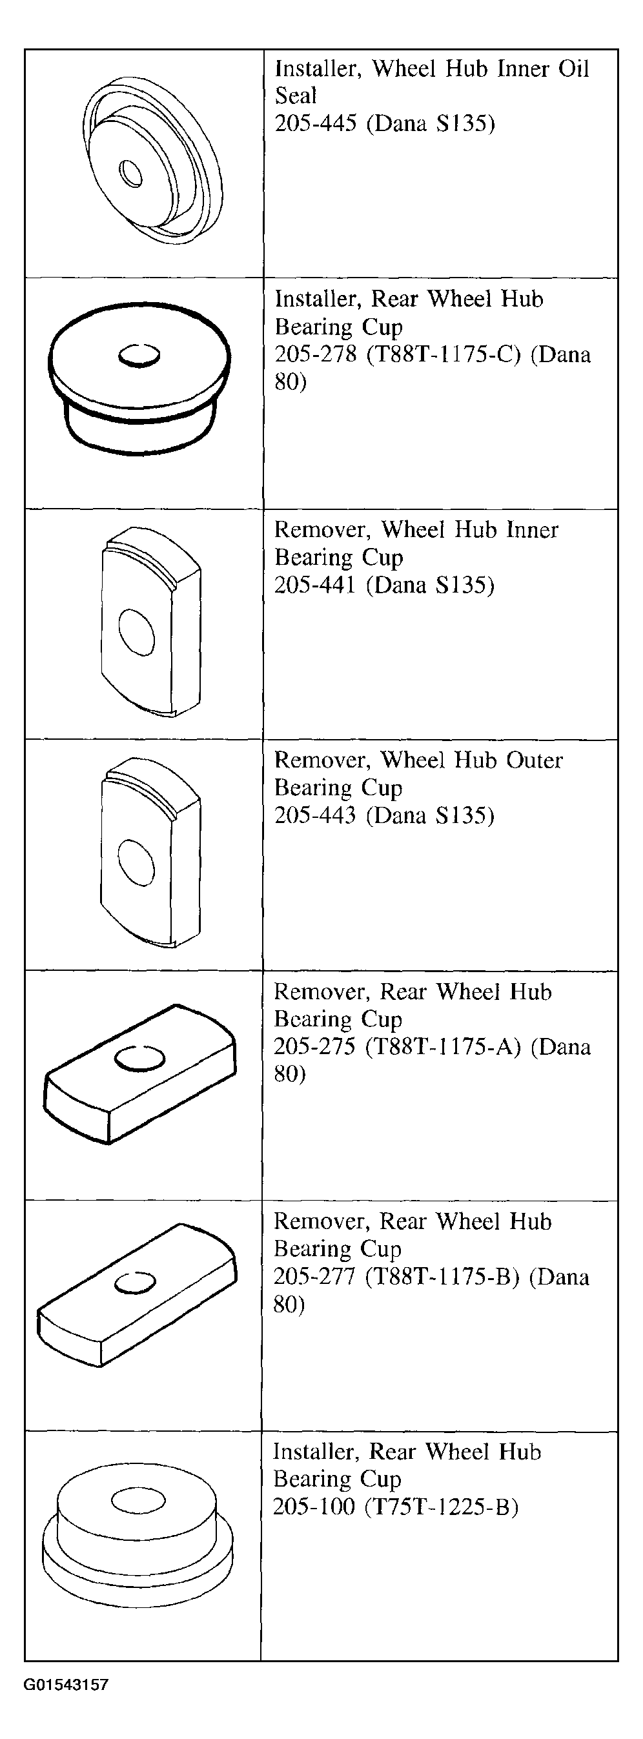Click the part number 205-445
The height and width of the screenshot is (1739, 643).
coord(316,123)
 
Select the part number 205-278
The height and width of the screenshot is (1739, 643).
coord(316,354)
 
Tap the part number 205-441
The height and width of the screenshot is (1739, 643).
coord(315,585)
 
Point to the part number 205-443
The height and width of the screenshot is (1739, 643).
coord(315,815)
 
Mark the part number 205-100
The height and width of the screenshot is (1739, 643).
coord(313,1507)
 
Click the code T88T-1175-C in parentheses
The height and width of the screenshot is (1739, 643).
coord(444,355)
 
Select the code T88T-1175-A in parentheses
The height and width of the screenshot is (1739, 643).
coord(443,1047)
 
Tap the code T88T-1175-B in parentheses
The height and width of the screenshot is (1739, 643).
coord(442,1277)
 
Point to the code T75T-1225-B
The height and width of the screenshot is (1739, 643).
coord(441,1507)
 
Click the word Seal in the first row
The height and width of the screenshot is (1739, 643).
coord(296,96)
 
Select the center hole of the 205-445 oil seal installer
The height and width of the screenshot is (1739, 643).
coord(130,173)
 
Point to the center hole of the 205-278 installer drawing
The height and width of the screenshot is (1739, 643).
coord(139,355)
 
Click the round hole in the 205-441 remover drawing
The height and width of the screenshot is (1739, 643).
coord(136,631)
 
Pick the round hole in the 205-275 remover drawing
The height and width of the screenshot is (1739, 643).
coord(140,1059)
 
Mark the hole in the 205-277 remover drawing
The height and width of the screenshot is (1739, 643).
coord(135,1283)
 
